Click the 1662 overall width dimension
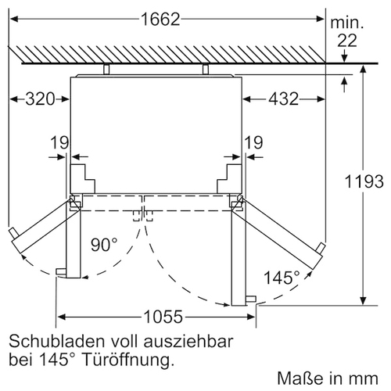(160, 20)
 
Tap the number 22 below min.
(347, 41)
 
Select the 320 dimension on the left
(40, 99)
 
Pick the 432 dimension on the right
(283, 99)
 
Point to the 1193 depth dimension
(364, 181)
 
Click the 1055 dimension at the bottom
(163, 317)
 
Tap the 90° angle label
(104, 245)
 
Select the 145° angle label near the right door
(282, 278)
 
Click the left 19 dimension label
(59, 142)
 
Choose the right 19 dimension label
(254, 142)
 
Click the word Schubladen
(57, 342)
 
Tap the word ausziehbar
(188, 342)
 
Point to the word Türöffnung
(127, 361)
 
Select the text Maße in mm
(328, 378)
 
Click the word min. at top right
(347, 23)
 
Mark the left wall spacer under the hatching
(106, 69)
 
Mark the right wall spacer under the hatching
(206, 69)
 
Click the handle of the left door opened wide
(13, 233)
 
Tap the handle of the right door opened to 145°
(321, 248)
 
